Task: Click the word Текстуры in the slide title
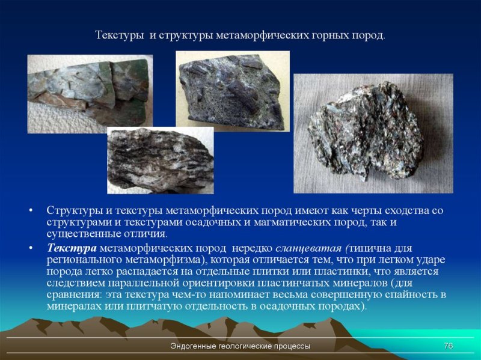click(x=118, y=35)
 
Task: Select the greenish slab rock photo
click(x=90, y=93)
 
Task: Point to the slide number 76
click(x=448, y=346)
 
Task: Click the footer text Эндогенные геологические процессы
click(x=240, y=346)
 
